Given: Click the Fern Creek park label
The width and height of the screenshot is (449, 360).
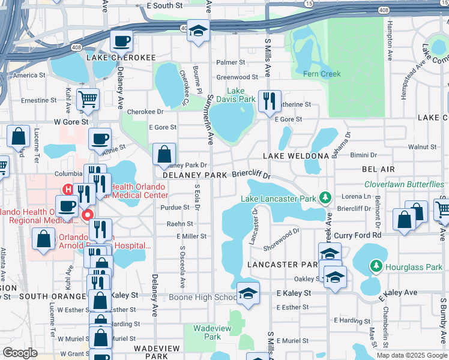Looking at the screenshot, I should click(322, 74).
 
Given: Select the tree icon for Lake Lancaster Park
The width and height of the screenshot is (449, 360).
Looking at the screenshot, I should click(325, 197).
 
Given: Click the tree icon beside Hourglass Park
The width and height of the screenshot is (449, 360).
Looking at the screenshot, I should click(376, 265).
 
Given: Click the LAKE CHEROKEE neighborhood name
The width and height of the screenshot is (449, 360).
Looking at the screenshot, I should click(121, 58).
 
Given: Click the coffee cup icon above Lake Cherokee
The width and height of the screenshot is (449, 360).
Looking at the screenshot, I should click(121, 41).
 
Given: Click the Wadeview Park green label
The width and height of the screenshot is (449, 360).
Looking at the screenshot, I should click(207, 332).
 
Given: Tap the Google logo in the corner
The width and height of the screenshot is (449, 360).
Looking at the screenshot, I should click(20, 353).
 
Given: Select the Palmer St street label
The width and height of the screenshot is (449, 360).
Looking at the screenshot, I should click(231, 62).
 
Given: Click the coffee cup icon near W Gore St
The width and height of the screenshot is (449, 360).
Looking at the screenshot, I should click(100, 139).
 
